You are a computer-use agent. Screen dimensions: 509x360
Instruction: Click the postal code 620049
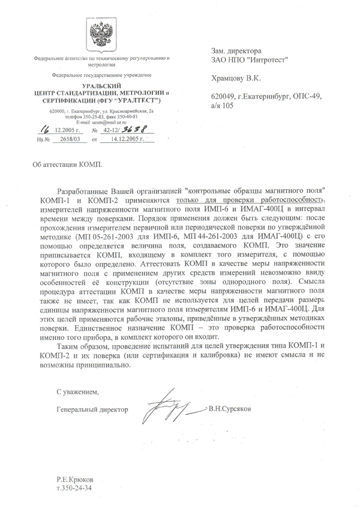pos(226,95)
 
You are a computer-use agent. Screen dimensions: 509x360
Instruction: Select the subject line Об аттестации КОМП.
pos(67,163)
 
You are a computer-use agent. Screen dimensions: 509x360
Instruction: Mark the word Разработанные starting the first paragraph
pos(84,190)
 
